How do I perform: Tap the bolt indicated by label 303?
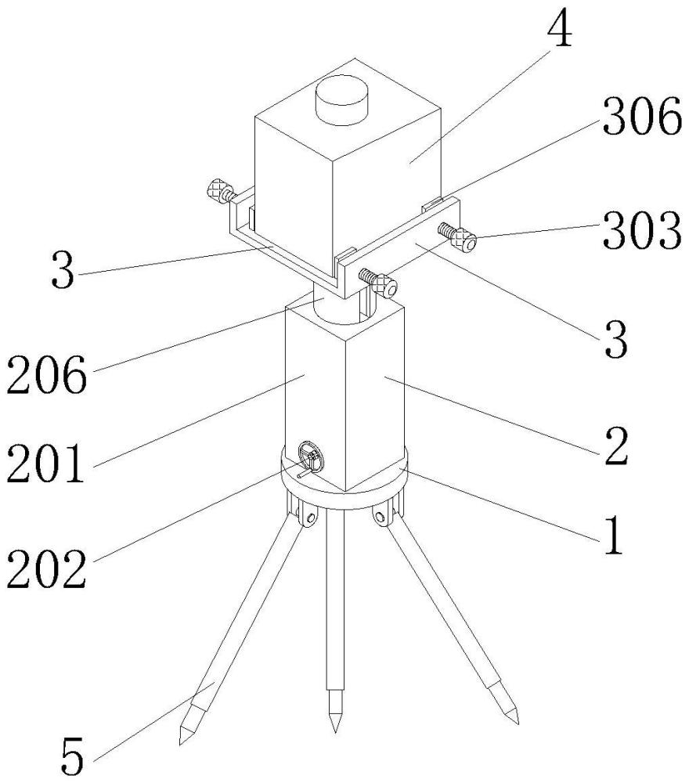tap(460, 237)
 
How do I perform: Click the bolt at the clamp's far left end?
tap(218, 190)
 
